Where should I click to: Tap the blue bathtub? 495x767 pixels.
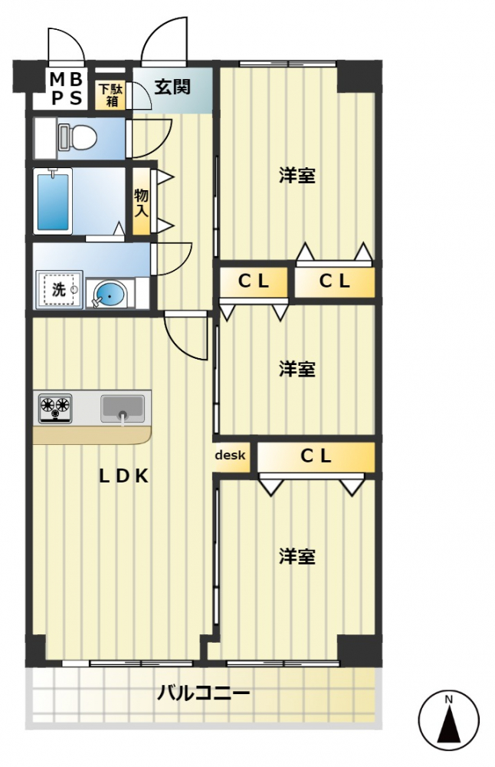54,199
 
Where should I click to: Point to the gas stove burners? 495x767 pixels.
54,407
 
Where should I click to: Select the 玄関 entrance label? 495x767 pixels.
172,87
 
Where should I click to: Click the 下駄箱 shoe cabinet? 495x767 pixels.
112,93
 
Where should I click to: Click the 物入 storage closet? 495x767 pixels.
141,202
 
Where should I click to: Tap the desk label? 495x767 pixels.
230,456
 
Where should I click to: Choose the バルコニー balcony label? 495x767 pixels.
203,695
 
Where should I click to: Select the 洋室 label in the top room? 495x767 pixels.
297,176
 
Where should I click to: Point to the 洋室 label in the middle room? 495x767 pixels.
297,369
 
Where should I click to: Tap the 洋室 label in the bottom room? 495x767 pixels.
297,556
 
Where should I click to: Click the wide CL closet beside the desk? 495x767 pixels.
316,457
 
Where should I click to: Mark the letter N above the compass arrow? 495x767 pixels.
450,699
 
